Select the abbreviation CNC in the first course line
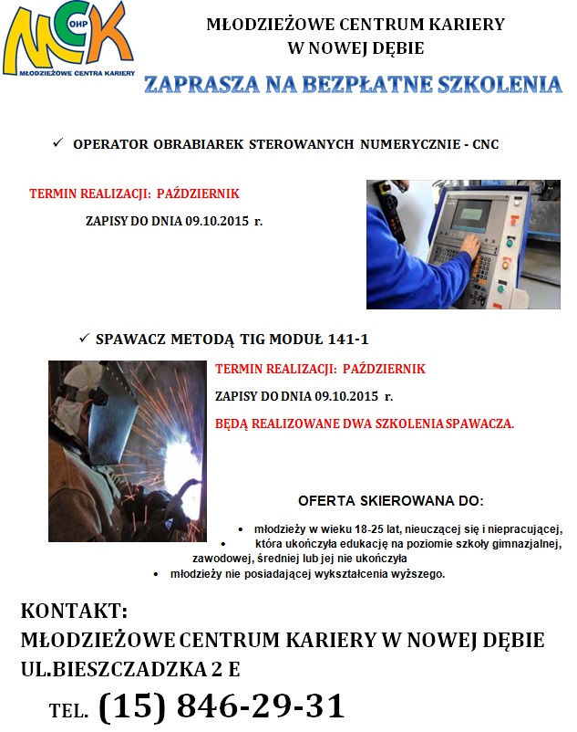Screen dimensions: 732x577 click(485, 145)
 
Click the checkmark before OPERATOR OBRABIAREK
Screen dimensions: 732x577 click(57, 144)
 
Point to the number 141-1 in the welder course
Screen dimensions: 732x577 click(347, 340)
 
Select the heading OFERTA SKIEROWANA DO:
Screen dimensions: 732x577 click(391, 501)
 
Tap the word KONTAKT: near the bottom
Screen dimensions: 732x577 click(74, 611)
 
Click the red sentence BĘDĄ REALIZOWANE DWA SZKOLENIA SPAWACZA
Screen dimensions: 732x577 click(365, 424)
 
